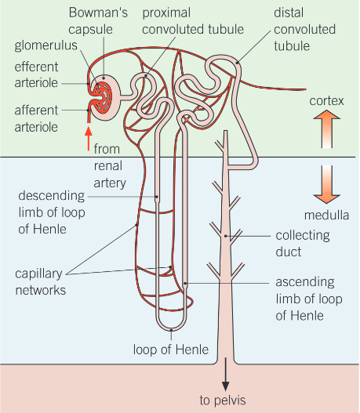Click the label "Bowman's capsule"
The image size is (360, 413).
pyautogui.click(x=96, y=21)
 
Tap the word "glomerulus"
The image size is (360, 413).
pyautogui.click(x=38, y=45)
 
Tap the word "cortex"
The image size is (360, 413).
pyautogui.click(x=325, y=101)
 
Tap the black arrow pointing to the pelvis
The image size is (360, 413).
pyautogui.click(x=226, y=375)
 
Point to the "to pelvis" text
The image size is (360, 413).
pyautogui.click(x=223, y=400)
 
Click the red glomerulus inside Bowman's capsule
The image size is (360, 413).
pyautogui.click(x=102, y=95)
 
